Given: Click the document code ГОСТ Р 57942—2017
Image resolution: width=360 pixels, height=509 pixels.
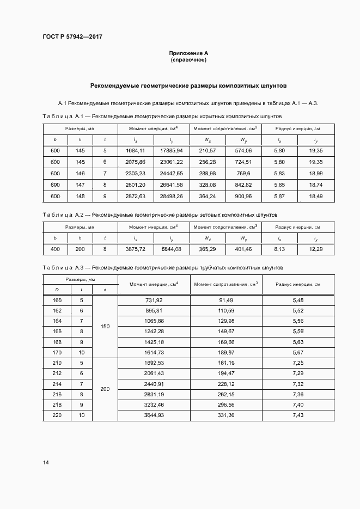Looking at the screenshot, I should tap(72, 36).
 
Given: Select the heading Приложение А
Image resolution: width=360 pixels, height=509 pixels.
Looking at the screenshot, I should tap(188, 53).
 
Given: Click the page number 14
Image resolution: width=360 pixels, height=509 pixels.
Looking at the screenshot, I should tap(46, 463).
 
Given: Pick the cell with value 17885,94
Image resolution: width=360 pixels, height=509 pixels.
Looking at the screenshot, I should tap(172, 150).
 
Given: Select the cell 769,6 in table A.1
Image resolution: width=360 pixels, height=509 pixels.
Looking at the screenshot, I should tap(243, 173).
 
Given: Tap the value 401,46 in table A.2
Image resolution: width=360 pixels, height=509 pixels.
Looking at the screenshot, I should tap(243, 249).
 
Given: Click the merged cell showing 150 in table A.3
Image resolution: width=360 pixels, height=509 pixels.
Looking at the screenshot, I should tap(105, 327).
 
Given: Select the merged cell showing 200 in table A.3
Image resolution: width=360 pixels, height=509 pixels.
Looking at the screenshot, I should tap(105, 389).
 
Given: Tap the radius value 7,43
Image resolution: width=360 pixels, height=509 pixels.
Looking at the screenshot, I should tap(298, 416).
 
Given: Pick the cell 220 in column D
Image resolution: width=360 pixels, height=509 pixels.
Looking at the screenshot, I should tap(57, 416).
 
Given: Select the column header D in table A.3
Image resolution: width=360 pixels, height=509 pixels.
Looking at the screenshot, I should tap(57, 290).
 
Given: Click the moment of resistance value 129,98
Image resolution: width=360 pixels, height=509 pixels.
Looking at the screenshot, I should tap(226, 321).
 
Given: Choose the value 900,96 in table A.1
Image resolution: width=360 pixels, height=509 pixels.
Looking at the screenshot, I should tap(243, 196).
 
